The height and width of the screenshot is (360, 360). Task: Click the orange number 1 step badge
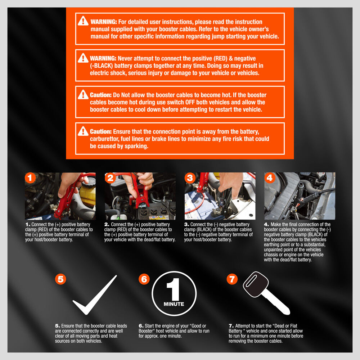tap(30, 178)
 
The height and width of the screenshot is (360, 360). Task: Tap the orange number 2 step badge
tap(110, 178)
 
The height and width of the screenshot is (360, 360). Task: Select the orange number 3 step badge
tap(190, 178)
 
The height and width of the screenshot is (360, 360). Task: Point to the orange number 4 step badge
tap(270, 178)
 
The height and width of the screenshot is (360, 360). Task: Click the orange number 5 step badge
tap(60, 279)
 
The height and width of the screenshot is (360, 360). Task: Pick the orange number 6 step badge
tap(144, 279)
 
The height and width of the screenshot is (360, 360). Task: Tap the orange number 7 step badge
tap(232, 279)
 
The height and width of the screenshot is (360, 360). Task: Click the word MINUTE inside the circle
tap(174, 304)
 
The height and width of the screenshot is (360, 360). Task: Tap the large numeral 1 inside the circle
tap(174, 289)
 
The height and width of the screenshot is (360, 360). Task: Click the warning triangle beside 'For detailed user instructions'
tap(83, 21)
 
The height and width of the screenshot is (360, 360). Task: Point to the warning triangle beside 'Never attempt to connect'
tap(83, 58)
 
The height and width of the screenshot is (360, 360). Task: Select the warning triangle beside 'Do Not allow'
tap(83, 94)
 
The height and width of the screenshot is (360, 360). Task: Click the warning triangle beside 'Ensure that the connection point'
tap(83, 131)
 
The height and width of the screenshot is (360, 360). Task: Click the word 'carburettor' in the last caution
tap(104, 139)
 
